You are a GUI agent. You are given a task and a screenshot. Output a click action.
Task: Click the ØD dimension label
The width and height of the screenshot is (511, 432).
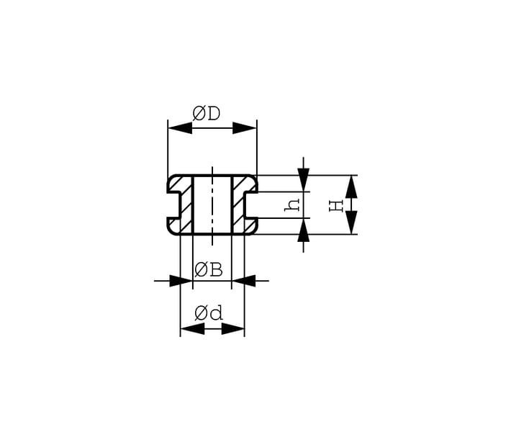[207, 114]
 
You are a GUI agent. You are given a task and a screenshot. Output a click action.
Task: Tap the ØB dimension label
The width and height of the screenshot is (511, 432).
[209, 270]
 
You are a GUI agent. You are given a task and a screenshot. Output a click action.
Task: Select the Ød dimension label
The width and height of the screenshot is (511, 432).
[209, 313]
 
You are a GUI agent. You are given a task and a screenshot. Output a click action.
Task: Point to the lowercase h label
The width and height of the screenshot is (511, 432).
[292, 204]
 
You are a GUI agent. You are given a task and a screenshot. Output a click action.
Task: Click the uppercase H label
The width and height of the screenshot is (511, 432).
[336, 206]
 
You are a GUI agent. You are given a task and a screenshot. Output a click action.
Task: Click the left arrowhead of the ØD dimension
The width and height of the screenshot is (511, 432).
[180, 128]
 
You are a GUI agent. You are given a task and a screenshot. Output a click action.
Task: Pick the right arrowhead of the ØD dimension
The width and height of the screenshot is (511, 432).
[245, 128]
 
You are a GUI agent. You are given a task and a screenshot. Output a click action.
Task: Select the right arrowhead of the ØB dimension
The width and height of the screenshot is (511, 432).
[243, 280]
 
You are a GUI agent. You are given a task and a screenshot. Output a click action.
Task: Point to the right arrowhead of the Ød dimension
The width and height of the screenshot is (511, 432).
[232, 328]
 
